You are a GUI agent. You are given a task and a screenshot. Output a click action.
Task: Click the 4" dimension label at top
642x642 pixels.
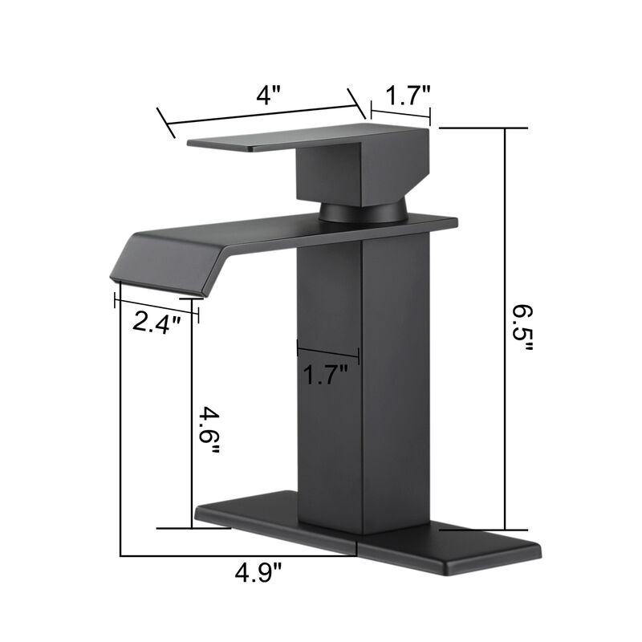tap(269, 95)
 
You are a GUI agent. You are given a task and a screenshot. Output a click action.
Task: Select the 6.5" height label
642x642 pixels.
tap(522, 330)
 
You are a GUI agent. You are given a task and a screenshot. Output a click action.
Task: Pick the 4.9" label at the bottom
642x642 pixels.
tap(258, 573)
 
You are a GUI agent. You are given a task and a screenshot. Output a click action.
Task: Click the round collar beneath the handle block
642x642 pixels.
tap(362, 212)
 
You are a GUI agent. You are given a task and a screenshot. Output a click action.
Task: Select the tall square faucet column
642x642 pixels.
tap(361, 385)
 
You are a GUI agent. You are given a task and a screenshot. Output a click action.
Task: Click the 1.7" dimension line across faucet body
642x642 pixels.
tap(327, 351)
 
